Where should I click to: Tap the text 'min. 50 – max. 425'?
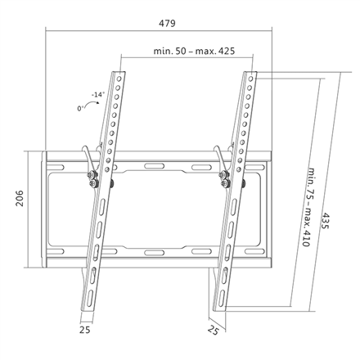click(194, 51)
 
